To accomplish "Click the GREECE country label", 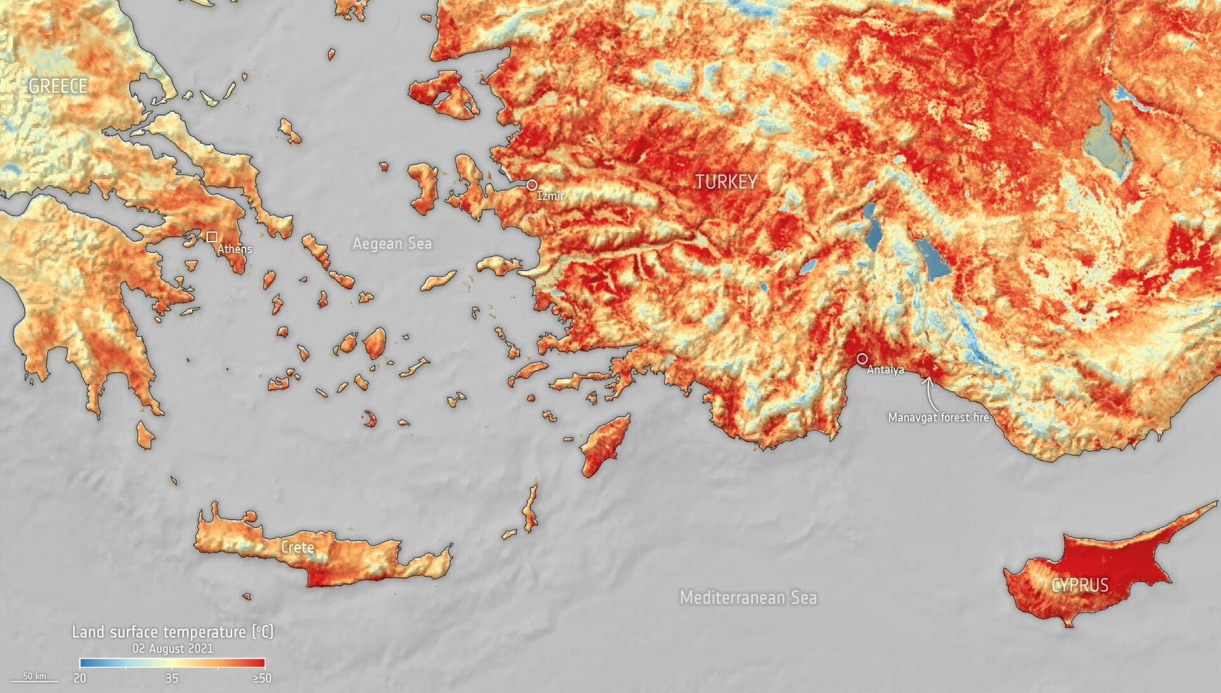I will coord(58,86).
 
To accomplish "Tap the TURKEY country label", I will coord(726,182).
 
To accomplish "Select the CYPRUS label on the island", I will coord(1080,585).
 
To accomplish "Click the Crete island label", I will coord(298,547).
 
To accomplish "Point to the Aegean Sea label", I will coord(392,244).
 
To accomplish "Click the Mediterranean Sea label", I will coord(748,598).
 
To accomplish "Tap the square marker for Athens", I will coord(212,237).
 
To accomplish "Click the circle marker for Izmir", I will coord(532,185).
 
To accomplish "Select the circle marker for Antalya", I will coord(862,359).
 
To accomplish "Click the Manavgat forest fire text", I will coord(938,418).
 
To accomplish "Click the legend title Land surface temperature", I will coord(172,632).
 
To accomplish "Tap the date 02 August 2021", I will coord(172,648).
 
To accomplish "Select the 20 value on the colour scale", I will coord(79,678).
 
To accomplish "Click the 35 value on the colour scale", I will coord(172,678).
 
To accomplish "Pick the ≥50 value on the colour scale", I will coord(262,678).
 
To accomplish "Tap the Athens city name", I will coord(235,249).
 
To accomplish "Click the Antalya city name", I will coord(885,370).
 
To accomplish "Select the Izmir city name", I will coord(549,196).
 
